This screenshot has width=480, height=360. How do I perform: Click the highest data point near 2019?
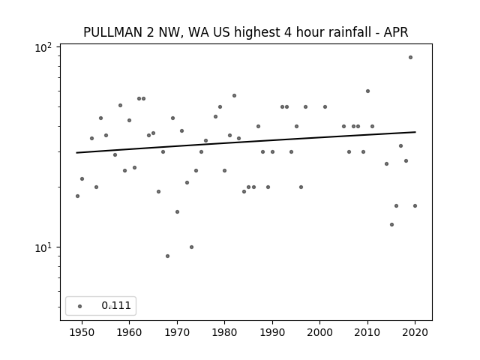[x=410, y=58]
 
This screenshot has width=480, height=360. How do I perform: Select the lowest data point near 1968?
[x=167, y=256]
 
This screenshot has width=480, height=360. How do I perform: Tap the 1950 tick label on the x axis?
[x=82, y=332]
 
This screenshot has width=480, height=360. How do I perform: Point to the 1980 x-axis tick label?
[x=224, y=332]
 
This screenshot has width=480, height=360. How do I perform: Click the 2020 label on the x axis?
[x=415, y=332]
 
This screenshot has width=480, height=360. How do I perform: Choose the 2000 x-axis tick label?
[x=320, y=332]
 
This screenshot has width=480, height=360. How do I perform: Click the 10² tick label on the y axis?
[x=43, y=48]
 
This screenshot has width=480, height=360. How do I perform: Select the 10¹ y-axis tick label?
[x=43, y=247]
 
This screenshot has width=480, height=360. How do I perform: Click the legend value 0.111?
[x=116, y=305]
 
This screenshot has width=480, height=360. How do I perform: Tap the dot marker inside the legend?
[x=79, y=306]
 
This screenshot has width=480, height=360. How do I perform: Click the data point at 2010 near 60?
[x=367, y=91]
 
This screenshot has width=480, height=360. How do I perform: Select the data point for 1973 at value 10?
[x=191, y=247]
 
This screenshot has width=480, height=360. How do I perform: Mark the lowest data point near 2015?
[x=391, y=225]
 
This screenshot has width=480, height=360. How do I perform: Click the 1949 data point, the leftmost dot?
[x=77, y=196]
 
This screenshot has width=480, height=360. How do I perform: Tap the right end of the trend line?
[x=415, y=132]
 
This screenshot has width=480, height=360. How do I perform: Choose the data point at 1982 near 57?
[x=234, y=96]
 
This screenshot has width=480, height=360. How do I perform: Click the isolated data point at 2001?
[x=325, y=106]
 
